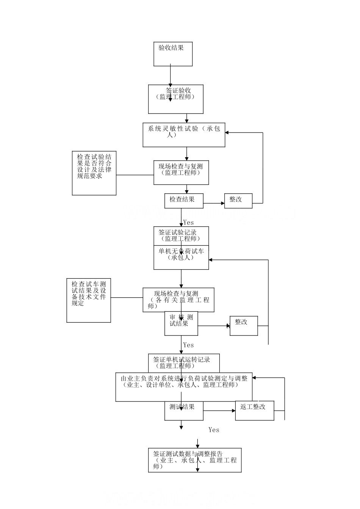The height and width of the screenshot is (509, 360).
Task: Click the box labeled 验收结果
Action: point(173,54)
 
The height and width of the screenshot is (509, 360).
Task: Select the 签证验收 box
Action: point(175,99)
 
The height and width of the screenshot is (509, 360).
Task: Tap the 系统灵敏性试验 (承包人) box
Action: point(184,135)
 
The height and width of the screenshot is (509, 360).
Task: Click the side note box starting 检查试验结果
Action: point(94,173)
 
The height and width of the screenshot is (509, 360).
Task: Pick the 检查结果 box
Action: point(184,201)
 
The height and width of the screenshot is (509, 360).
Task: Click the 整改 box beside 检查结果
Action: point(238,201)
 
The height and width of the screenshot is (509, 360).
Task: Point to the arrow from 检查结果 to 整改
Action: point(214,203)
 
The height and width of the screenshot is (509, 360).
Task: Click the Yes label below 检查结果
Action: point(188,223)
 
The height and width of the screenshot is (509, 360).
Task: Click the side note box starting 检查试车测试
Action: point(89,301)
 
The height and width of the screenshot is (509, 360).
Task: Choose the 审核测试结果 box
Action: point(181,323)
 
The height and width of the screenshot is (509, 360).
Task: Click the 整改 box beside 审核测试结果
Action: point(244,325)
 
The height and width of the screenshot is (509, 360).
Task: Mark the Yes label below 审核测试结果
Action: point(188,345)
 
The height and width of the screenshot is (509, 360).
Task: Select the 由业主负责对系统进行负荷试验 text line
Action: point(184,378)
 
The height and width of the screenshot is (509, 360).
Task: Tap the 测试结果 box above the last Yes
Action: point(184,411)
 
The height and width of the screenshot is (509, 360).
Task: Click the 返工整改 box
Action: point(254,410)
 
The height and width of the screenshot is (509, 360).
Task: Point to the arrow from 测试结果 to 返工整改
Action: point(219,411)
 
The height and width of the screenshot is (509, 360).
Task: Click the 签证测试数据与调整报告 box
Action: point(195,460)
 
